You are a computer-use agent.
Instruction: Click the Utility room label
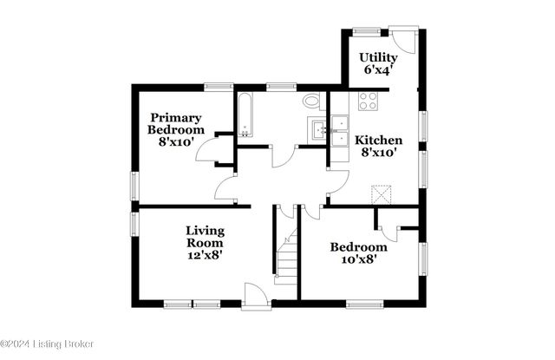coord(378,58)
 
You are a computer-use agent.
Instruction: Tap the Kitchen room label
coord(379,140)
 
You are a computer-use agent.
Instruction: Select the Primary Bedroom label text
coord(175,123)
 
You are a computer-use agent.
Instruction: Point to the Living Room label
coord(206,237)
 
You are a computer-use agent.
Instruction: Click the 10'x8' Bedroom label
coord(358,247)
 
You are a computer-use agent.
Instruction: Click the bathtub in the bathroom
coord(245,116)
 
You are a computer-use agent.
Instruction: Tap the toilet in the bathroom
coord(312,101)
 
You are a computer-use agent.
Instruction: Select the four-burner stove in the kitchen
coord(368,100)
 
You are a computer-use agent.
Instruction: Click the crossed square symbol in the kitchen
coord(379,193)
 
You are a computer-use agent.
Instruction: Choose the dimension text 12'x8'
coord(206,256)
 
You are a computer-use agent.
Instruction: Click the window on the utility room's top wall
coord(367,33)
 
